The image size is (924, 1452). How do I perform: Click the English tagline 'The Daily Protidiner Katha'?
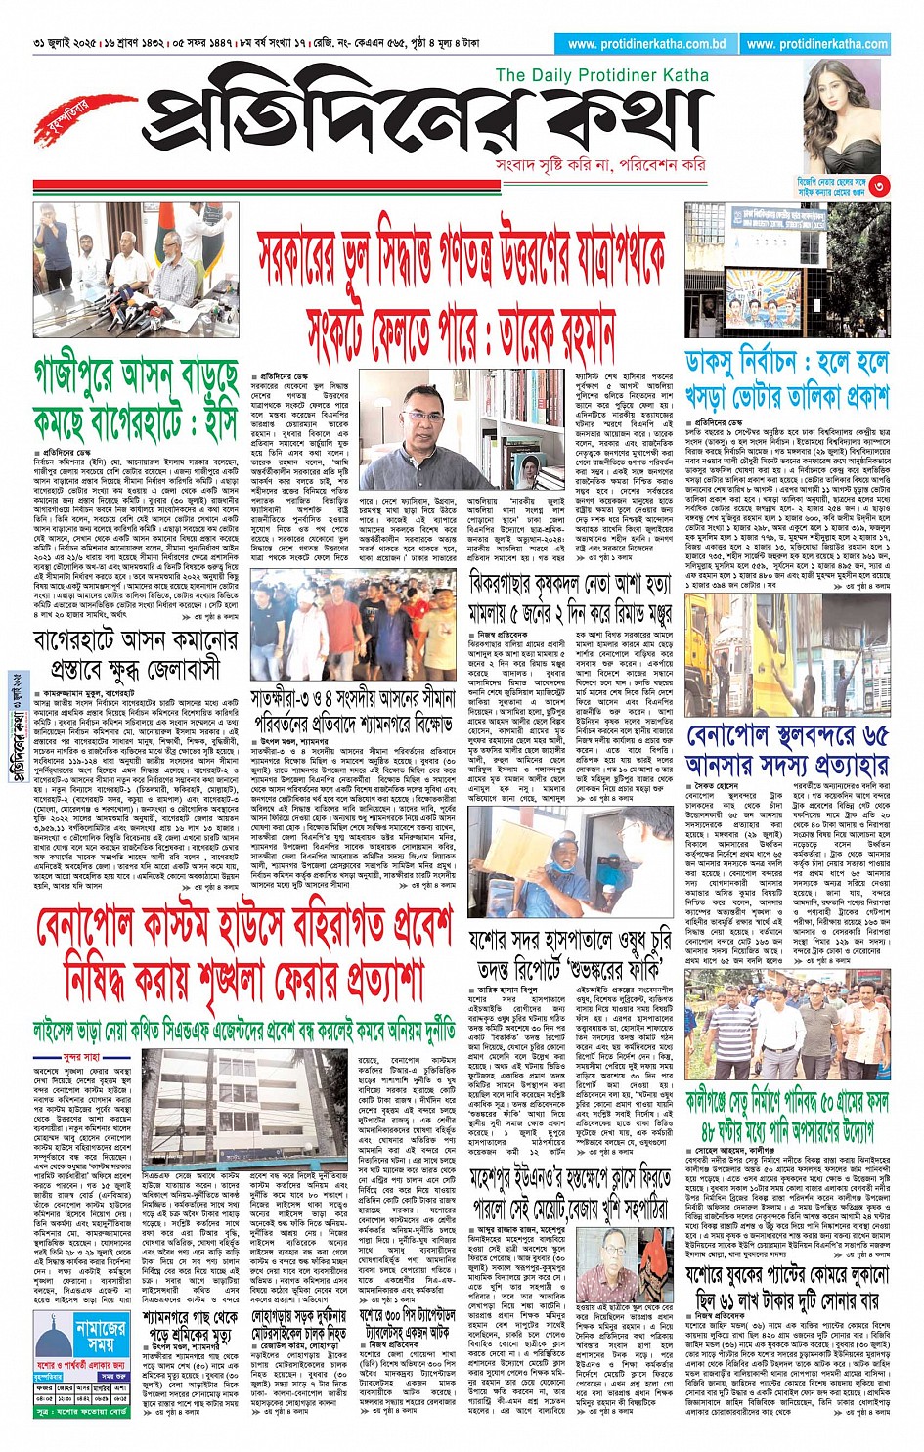click(601, 75)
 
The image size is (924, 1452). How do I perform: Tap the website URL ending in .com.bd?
click(646, 44)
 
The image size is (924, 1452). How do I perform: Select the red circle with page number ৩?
click(880, 185)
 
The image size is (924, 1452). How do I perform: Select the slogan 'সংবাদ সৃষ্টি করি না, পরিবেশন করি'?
click(599, 164)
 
